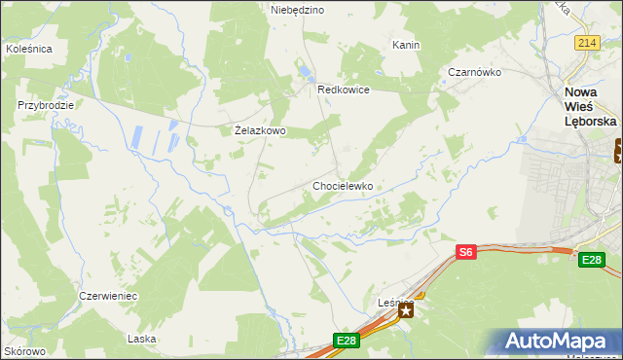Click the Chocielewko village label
[343, 185]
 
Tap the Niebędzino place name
[297, 10]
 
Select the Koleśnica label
[28, 48]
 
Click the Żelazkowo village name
[260, 129]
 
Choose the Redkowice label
[344, 89]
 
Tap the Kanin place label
[406, 46]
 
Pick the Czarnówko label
[474, 72]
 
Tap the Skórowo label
[25, 351]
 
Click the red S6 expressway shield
[466, 252]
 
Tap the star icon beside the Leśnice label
[405, 308]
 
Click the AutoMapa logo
[557, 342]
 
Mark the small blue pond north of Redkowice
[306, 71]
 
